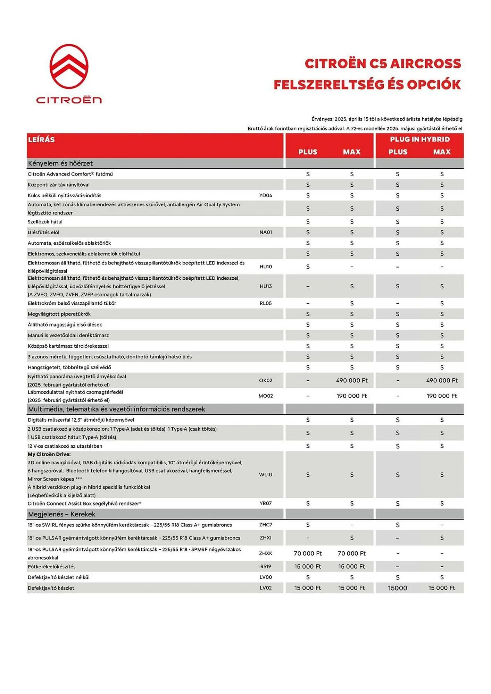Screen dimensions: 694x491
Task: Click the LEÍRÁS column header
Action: pyautogui.click(x=41, y=139)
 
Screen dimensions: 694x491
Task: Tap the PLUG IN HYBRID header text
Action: pyautogui.click(x=419, y=139)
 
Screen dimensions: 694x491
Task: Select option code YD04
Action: pyautogui.click(x=266, y=195)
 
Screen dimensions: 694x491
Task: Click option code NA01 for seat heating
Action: pyautogui.click(x=266, y=232)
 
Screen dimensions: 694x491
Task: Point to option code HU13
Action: pyautogui.click(x=266, y=286)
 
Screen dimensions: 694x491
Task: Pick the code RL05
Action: pyautogui.click(x=266, y=303)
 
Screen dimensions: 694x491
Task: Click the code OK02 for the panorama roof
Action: pyautogui.click(x=266, y=380)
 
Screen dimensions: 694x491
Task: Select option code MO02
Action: pyautogui.click(x=266, y=396)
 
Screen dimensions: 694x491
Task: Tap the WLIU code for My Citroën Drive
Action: pyautogui.click(x=266, y=474)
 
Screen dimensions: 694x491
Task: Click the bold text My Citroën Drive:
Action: pyautogui.click(x=49, y=454)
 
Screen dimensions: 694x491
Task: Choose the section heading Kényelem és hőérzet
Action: pyautogui.click(x=60, y=163)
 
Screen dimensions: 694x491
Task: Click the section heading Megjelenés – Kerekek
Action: pyautogui.click(x=61, y=514)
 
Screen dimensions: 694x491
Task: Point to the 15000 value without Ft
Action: pyautogui.click(x=398, y=588)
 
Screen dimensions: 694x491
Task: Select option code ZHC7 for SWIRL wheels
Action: pyautogui.click(x=266, y=525)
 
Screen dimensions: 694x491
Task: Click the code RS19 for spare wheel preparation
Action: pyautogui.click(x=266, y=566)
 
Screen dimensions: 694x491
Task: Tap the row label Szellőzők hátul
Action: pyautogui.click(x=45, y=222)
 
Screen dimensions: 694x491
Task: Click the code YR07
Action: pyautogui.click(x=266, y=503)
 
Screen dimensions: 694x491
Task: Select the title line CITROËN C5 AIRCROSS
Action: pyautogui.click(x=383, y=64)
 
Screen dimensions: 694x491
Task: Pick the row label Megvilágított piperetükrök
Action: pyautogui.click(x=59, y=314)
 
